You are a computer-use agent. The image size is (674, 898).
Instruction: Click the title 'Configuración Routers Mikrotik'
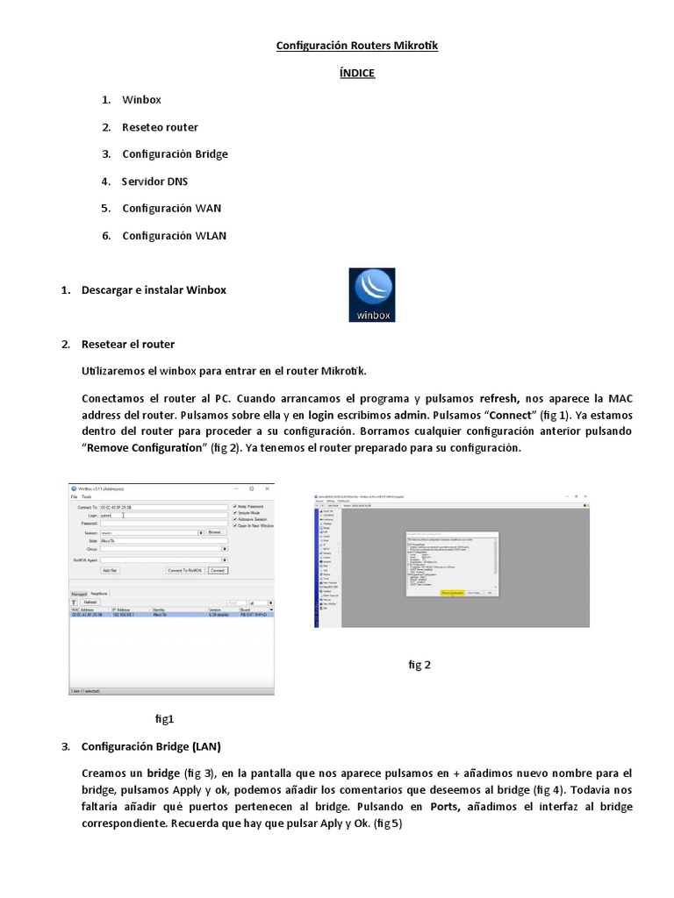pyautogui.click(x=356, y=46)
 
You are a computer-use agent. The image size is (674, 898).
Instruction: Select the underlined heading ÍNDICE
pyautogui.click(x=356, y=73)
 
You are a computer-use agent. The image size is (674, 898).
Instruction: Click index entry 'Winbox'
pyautogui.click(x=141, y=100)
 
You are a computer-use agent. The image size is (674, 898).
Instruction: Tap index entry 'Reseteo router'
pyautogui.click(x=160, y=127)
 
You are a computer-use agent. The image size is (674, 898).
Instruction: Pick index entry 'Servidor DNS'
pyautogui.click(x=154, y=182)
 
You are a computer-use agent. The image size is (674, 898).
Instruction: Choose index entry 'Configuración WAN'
pyautogui.click(x=171, y=209)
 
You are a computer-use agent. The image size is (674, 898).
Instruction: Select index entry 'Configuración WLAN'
pyautogui.click(x=174, y=236)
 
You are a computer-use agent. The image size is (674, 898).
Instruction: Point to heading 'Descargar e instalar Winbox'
pyautogui.click(x=154, y=289)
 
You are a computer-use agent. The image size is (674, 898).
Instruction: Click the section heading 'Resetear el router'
pyautogui.click(x=127, y=344)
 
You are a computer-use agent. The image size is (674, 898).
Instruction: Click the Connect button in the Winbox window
pyautogui.click(x=217, y=570)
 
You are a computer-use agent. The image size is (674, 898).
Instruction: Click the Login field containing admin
pyautogui.click(x=162, y=516)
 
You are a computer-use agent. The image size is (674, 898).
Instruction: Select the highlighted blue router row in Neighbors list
pyautogui.click(x=171, y=616)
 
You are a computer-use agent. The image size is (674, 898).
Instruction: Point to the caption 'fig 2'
pyautogui.click(x=419, y=665)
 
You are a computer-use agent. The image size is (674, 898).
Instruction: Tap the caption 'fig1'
pyautogui.click(x=164, y=719)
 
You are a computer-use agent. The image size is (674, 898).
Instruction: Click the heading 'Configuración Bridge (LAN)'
pyautogui.click(x=151, y=747)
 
